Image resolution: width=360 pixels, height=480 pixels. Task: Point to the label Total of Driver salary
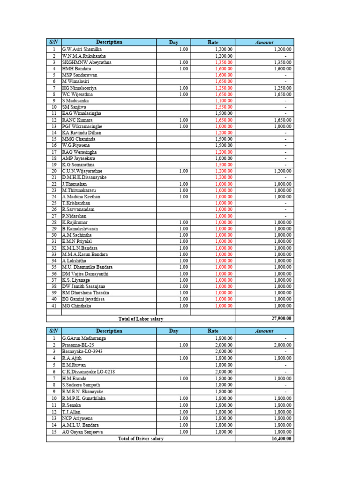141,439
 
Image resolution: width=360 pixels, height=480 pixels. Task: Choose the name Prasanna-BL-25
78,345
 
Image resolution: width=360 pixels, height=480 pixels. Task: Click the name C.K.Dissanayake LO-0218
89,372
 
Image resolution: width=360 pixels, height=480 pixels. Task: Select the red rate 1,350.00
224,62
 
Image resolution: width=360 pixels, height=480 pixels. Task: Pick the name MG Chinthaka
77,306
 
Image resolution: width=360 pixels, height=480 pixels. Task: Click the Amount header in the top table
264,42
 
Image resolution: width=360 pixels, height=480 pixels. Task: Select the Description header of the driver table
109,331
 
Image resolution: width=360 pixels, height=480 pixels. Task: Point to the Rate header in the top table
213,42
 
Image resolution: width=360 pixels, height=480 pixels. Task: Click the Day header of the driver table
174,331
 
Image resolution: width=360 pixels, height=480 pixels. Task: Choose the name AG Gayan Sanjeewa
83,432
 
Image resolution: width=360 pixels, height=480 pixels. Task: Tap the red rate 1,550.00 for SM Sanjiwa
224,107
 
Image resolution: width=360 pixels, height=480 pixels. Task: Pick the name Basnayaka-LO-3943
82,351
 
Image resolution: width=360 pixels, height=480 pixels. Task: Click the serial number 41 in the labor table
54,306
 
